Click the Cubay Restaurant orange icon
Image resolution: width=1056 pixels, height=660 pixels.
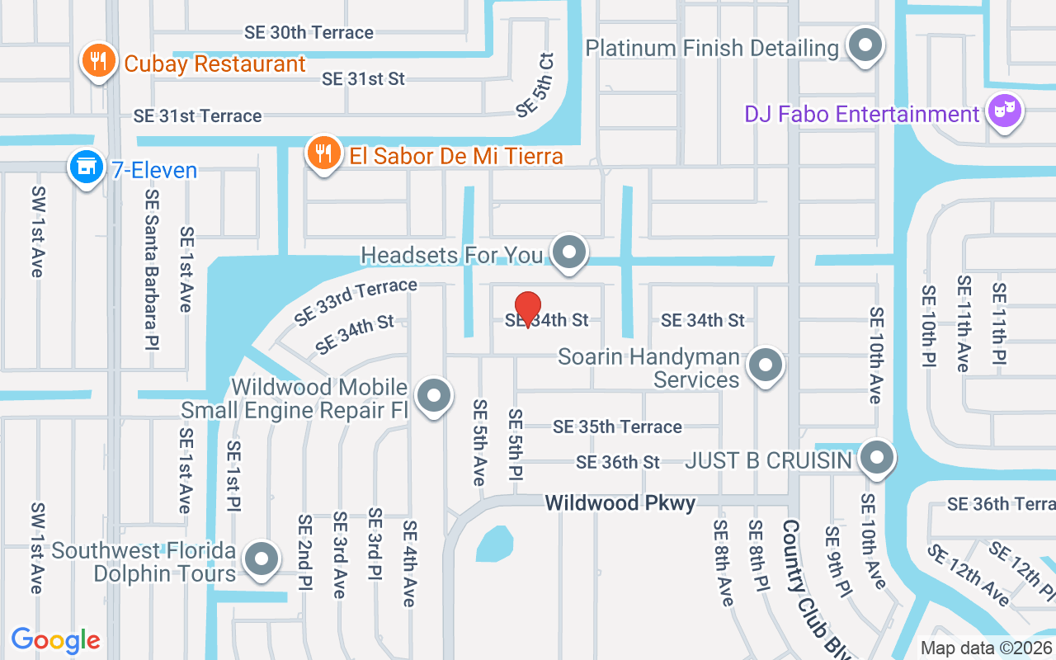pos(98,61)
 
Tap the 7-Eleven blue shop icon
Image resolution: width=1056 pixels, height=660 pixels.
pos(86,167)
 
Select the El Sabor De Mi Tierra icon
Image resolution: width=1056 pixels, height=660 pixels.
pos(324,153)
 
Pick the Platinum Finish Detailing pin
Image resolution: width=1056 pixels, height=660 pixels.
pos(865,45)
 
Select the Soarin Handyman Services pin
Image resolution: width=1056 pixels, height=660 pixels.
pos(765,365)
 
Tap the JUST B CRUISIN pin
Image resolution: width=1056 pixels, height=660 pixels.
pos(876,457)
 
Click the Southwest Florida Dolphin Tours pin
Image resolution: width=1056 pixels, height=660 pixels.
pos(262,559)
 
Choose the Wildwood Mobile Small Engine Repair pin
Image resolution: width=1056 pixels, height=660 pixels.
pos(434,396)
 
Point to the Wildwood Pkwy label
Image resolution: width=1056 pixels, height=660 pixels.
pos(620,502)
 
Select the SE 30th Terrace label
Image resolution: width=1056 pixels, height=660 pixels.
pos(309,32)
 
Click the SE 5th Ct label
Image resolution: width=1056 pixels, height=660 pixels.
pos(535,84)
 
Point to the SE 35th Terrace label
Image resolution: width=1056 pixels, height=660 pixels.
pos(617,427)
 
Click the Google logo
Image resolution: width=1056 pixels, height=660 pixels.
pos(56,640)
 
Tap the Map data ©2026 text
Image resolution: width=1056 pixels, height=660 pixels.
pos(985,648)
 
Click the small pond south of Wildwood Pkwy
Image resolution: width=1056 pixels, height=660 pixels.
pos(493,544)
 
